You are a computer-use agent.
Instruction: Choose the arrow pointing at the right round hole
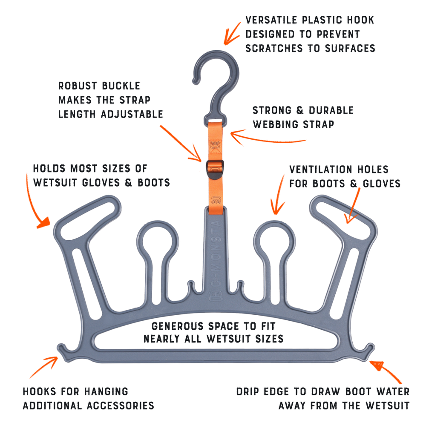click(279, 194)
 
